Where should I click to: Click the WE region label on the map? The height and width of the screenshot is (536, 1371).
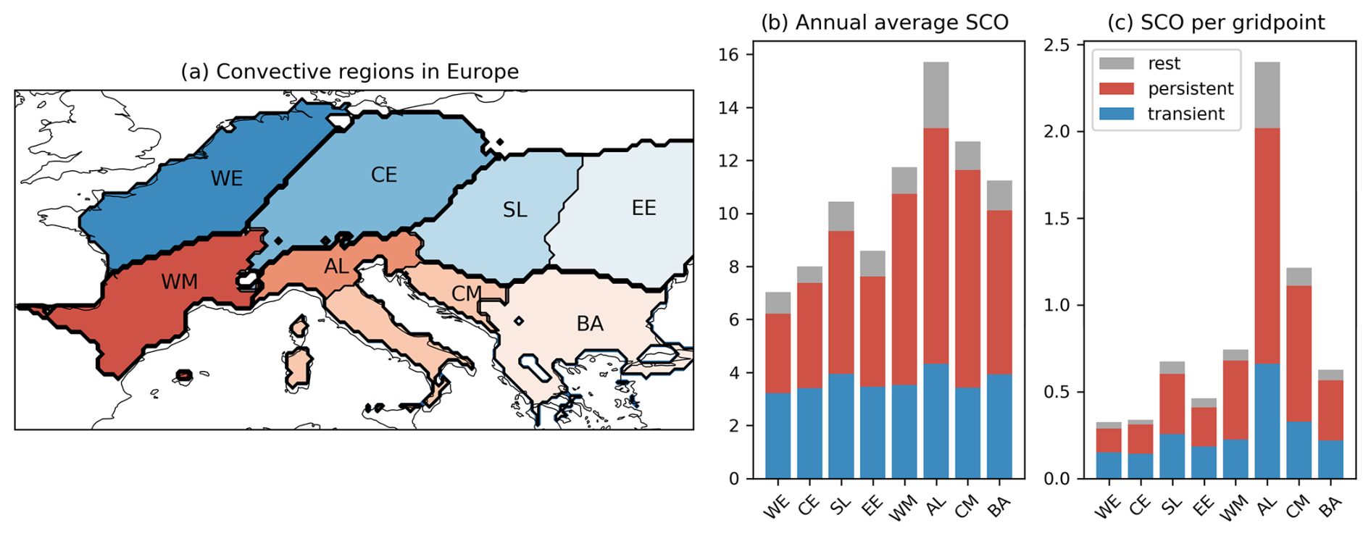pos(227,179)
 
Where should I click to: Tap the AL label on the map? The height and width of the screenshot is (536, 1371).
pos(336,267)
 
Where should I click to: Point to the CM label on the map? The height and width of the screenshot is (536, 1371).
pos(466,293)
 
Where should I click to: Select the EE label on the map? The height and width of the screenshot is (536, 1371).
pos(643,209)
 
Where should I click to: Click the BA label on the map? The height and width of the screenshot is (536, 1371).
pos(590,324)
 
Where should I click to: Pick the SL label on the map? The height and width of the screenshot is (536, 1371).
pos(514,211)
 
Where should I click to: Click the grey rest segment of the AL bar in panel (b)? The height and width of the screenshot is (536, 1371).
pos(935,95)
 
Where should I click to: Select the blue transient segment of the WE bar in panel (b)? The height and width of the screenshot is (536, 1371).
pos(778,435)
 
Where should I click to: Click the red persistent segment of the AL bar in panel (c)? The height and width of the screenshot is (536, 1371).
pos(1267,246)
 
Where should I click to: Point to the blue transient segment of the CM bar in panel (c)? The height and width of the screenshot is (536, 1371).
pos(1299,450)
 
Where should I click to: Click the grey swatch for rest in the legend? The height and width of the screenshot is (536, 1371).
pos(1116,64)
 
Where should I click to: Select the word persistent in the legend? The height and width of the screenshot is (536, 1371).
pos(1190,89)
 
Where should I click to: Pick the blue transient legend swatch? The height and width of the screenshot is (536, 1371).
pos(1116,114)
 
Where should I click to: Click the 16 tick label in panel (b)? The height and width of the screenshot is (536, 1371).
pos(728,55)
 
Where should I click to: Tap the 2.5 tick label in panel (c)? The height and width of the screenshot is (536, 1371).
pos(1056,45)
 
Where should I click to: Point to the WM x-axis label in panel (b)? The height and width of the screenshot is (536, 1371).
pos(902,508)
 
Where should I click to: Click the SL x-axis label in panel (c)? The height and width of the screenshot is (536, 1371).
pos(1171,505)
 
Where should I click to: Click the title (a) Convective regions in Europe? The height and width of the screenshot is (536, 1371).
pos(349,72)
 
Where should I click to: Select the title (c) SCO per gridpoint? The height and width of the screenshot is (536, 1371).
pos(1216,22)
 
